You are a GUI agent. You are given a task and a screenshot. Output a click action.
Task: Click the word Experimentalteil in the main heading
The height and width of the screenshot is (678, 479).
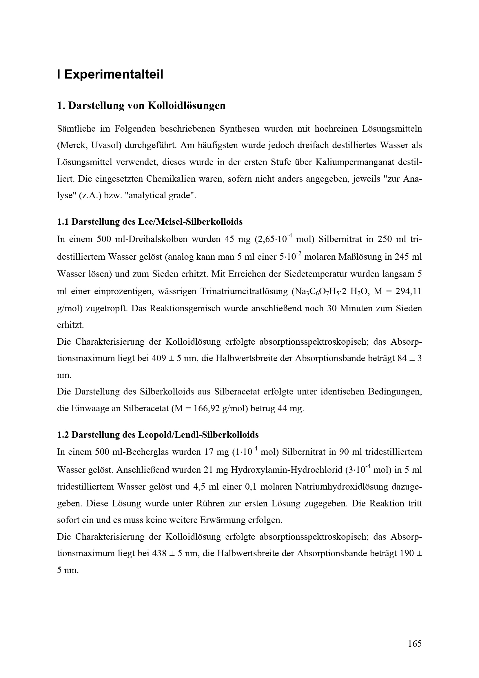[114, 74]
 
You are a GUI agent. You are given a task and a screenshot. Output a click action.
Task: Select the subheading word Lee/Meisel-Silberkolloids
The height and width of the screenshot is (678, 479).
[190, 221]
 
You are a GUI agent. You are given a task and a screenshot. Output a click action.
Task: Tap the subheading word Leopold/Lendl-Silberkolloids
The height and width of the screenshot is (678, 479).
[198, 435]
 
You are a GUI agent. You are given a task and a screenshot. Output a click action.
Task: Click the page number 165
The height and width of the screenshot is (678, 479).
[415, 644]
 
